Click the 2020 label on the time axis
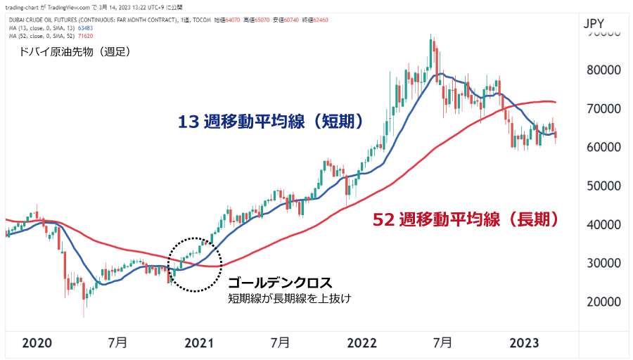(37, 343)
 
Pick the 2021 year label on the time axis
(199, 343)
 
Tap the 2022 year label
(362, 343)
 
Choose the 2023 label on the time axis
(524, 343)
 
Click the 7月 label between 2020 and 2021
(118, 343)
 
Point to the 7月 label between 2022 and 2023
(442, 343)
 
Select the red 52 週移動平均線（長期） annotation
(466, 220)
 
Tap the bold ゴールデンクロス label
(279, 283)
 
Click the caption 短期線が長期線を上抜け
(289, 299)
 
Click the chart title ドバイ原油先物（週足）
(76, 51)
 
